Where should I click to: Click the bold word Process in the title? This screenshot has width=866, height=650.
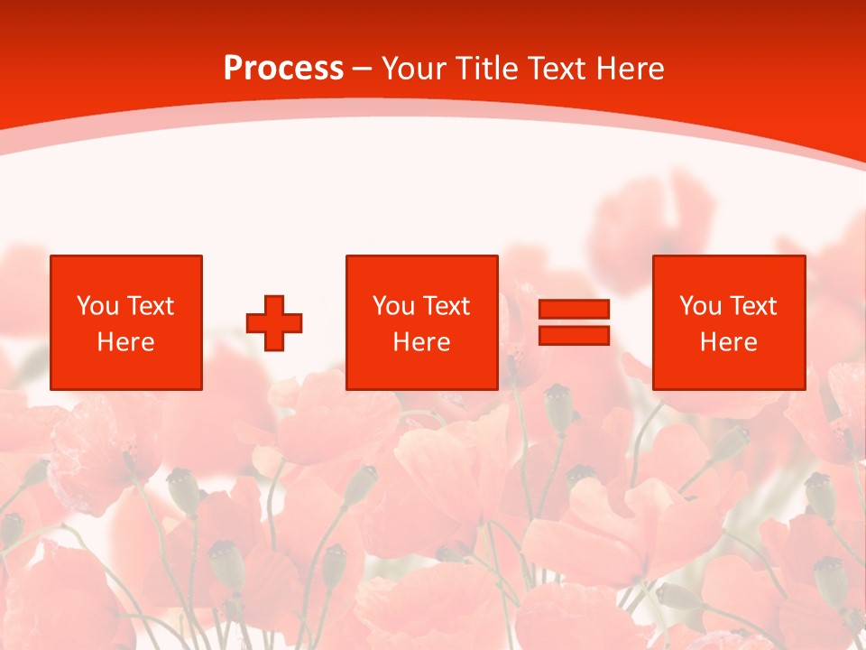coord(283,69)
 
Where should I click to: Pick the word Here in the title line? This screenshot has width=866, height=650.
coord(634,69)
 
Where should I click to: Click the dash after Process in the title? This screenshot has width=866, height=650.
coord(362,70)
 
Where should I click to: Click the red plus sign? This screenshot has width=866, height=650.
coord(274,322)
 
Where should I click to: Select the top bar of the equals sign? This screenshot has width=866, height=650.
coord(574,309)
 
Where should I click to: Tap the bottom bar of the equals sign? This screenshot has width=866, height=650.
coord(574,335)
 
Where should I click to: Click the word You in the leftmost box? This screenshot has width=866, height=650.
coord(97,306)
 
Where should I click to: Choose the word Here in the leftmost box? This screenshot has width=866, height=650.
coord(125,342)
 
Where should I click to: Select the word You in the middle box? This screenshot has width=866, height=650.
coord(393,306)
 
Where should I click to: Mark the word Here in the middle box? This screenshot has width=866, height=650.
coord(421,342)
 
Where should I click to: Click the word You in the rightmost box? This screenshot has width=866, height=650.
coord(700,306)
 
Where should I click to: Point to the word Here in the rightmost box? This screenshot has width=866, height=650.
coord(728,342)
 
